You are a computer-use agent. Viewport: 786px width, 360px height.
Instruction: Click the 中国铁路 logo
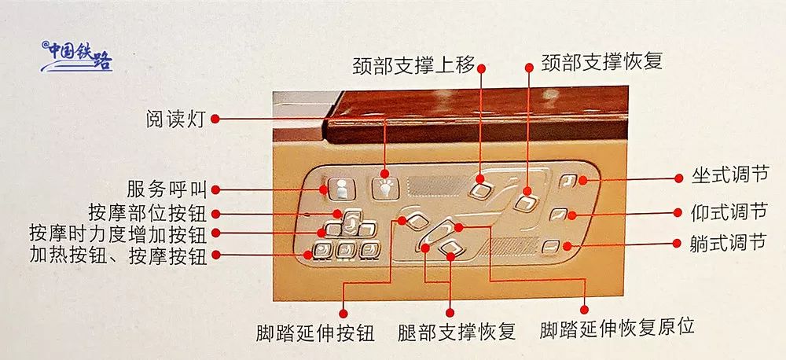coord(77,57)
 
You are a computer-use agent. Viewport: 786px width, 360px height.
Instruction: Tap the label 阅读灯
coord(174,119)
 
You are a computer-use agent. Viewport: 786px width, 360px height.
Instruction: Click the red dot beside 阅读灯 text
coord(215,119)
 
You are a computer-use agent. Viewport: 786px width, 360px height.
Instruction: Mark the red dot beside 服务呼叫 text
coord(215,189)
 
